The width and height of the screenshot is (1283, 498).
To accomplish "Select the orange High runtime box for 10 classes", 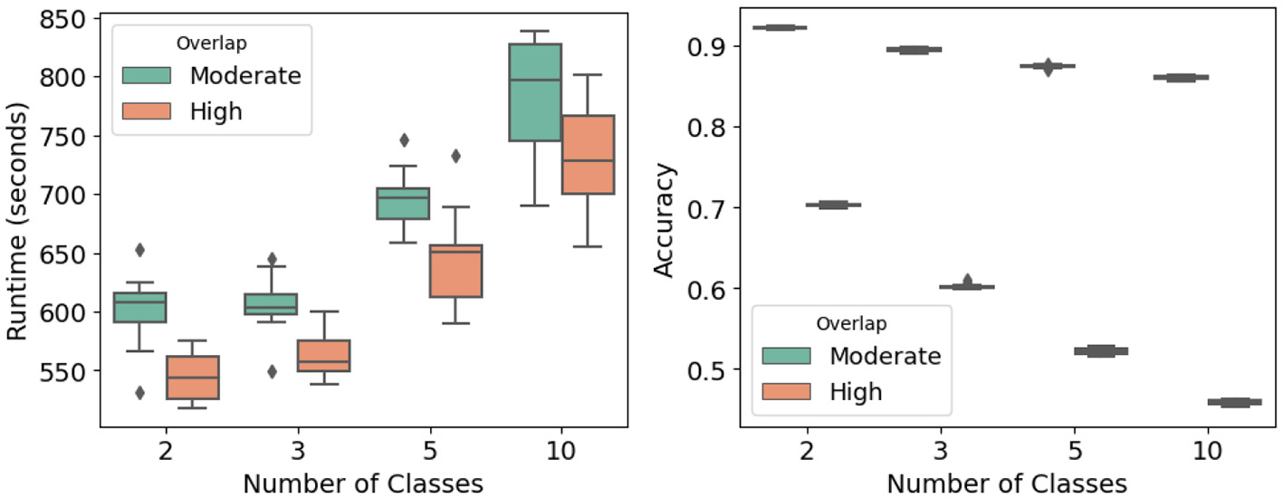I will coord(588,155).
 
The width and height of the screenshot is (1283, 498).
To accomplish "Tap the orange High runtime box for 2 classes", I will coord(192,378).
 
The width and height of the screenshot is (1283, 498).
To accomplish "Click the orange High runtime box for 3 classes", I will coord(324,356).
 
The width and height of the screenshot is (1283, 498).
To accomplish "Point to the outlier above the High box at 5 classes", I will coord(455,156).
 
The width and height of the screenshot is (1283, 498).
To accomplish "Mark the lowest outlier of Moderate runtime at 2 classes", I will coord(139,392).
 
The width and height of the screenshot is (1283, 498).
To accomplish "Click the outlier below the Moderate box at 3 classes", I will coord(271,371).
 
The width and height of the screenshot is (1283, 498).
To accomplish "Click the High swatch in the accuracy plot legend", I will coord(786,391).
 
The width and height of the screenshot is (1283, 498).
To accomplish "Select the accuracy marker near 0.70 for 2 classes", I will coord(833,205).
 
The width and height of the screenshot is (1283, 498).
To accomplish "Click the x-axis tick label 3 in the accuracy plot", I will coord(941,451).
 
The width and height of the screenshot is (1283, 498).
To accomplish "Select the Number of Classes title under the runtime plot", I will coord(362,484).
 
